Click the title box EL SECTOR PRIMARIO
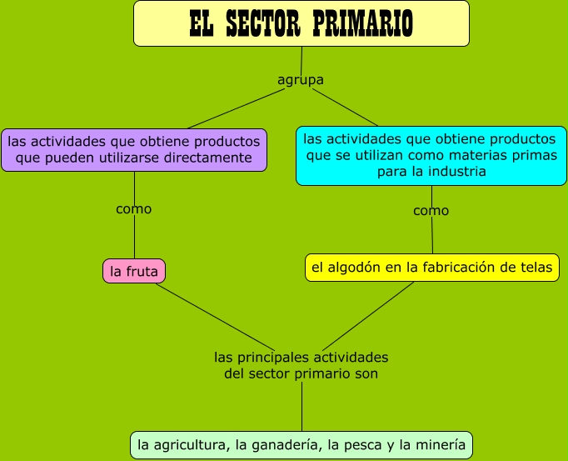coord(301,23)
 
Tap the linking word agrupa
coord(300,80)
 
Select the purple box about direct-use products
coord(134,149)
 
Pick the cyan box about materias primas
coord(431,155)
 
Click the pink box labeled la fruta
coord(134,271)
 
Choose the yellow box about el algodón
coord(431,267)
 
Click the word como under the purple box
coord(134,209)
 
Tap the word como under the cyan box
coord(431,211)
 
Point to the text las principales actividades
coord(301,358)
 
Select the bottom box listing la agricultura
coord(301,444)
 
